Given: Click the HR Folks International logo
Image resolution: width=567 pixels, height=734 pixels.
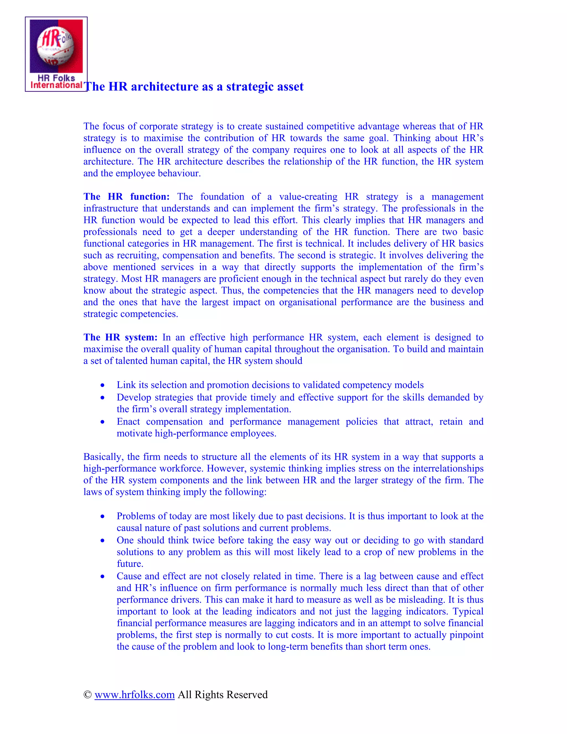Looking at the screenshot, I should [x=56, y=54].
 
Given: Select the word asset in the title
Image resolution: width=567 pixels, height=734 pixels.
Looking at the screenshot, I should [x=290, y=87].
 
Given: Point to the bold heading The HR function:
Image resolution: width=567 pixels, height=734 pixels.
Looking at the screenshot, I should [x=126, y=197].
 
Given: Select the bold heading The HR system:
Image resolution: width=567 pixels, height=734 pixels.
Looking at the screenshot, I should [x=120, y=337].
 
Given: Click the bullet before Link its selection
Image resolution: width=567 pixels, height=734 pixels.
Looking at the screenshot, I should [x=102, y=386].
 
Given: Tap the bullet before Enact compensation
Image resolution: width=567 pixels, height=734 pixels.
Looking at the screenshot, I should [x=102, y=422].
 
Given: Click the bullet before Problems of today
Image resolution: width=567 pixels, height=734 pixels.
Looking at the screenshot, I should [x=102, y=517].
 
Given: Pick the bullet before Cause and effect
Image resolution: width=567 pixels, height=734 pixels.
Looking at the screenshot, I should [x=102, y=577].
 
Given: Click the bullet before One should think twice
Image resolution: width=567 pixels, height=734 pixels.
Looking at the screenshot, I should [x=102, y=541].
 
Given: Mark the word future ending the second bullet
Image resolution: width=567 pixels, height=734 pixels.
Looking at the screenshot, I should [x=129, y=564].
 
